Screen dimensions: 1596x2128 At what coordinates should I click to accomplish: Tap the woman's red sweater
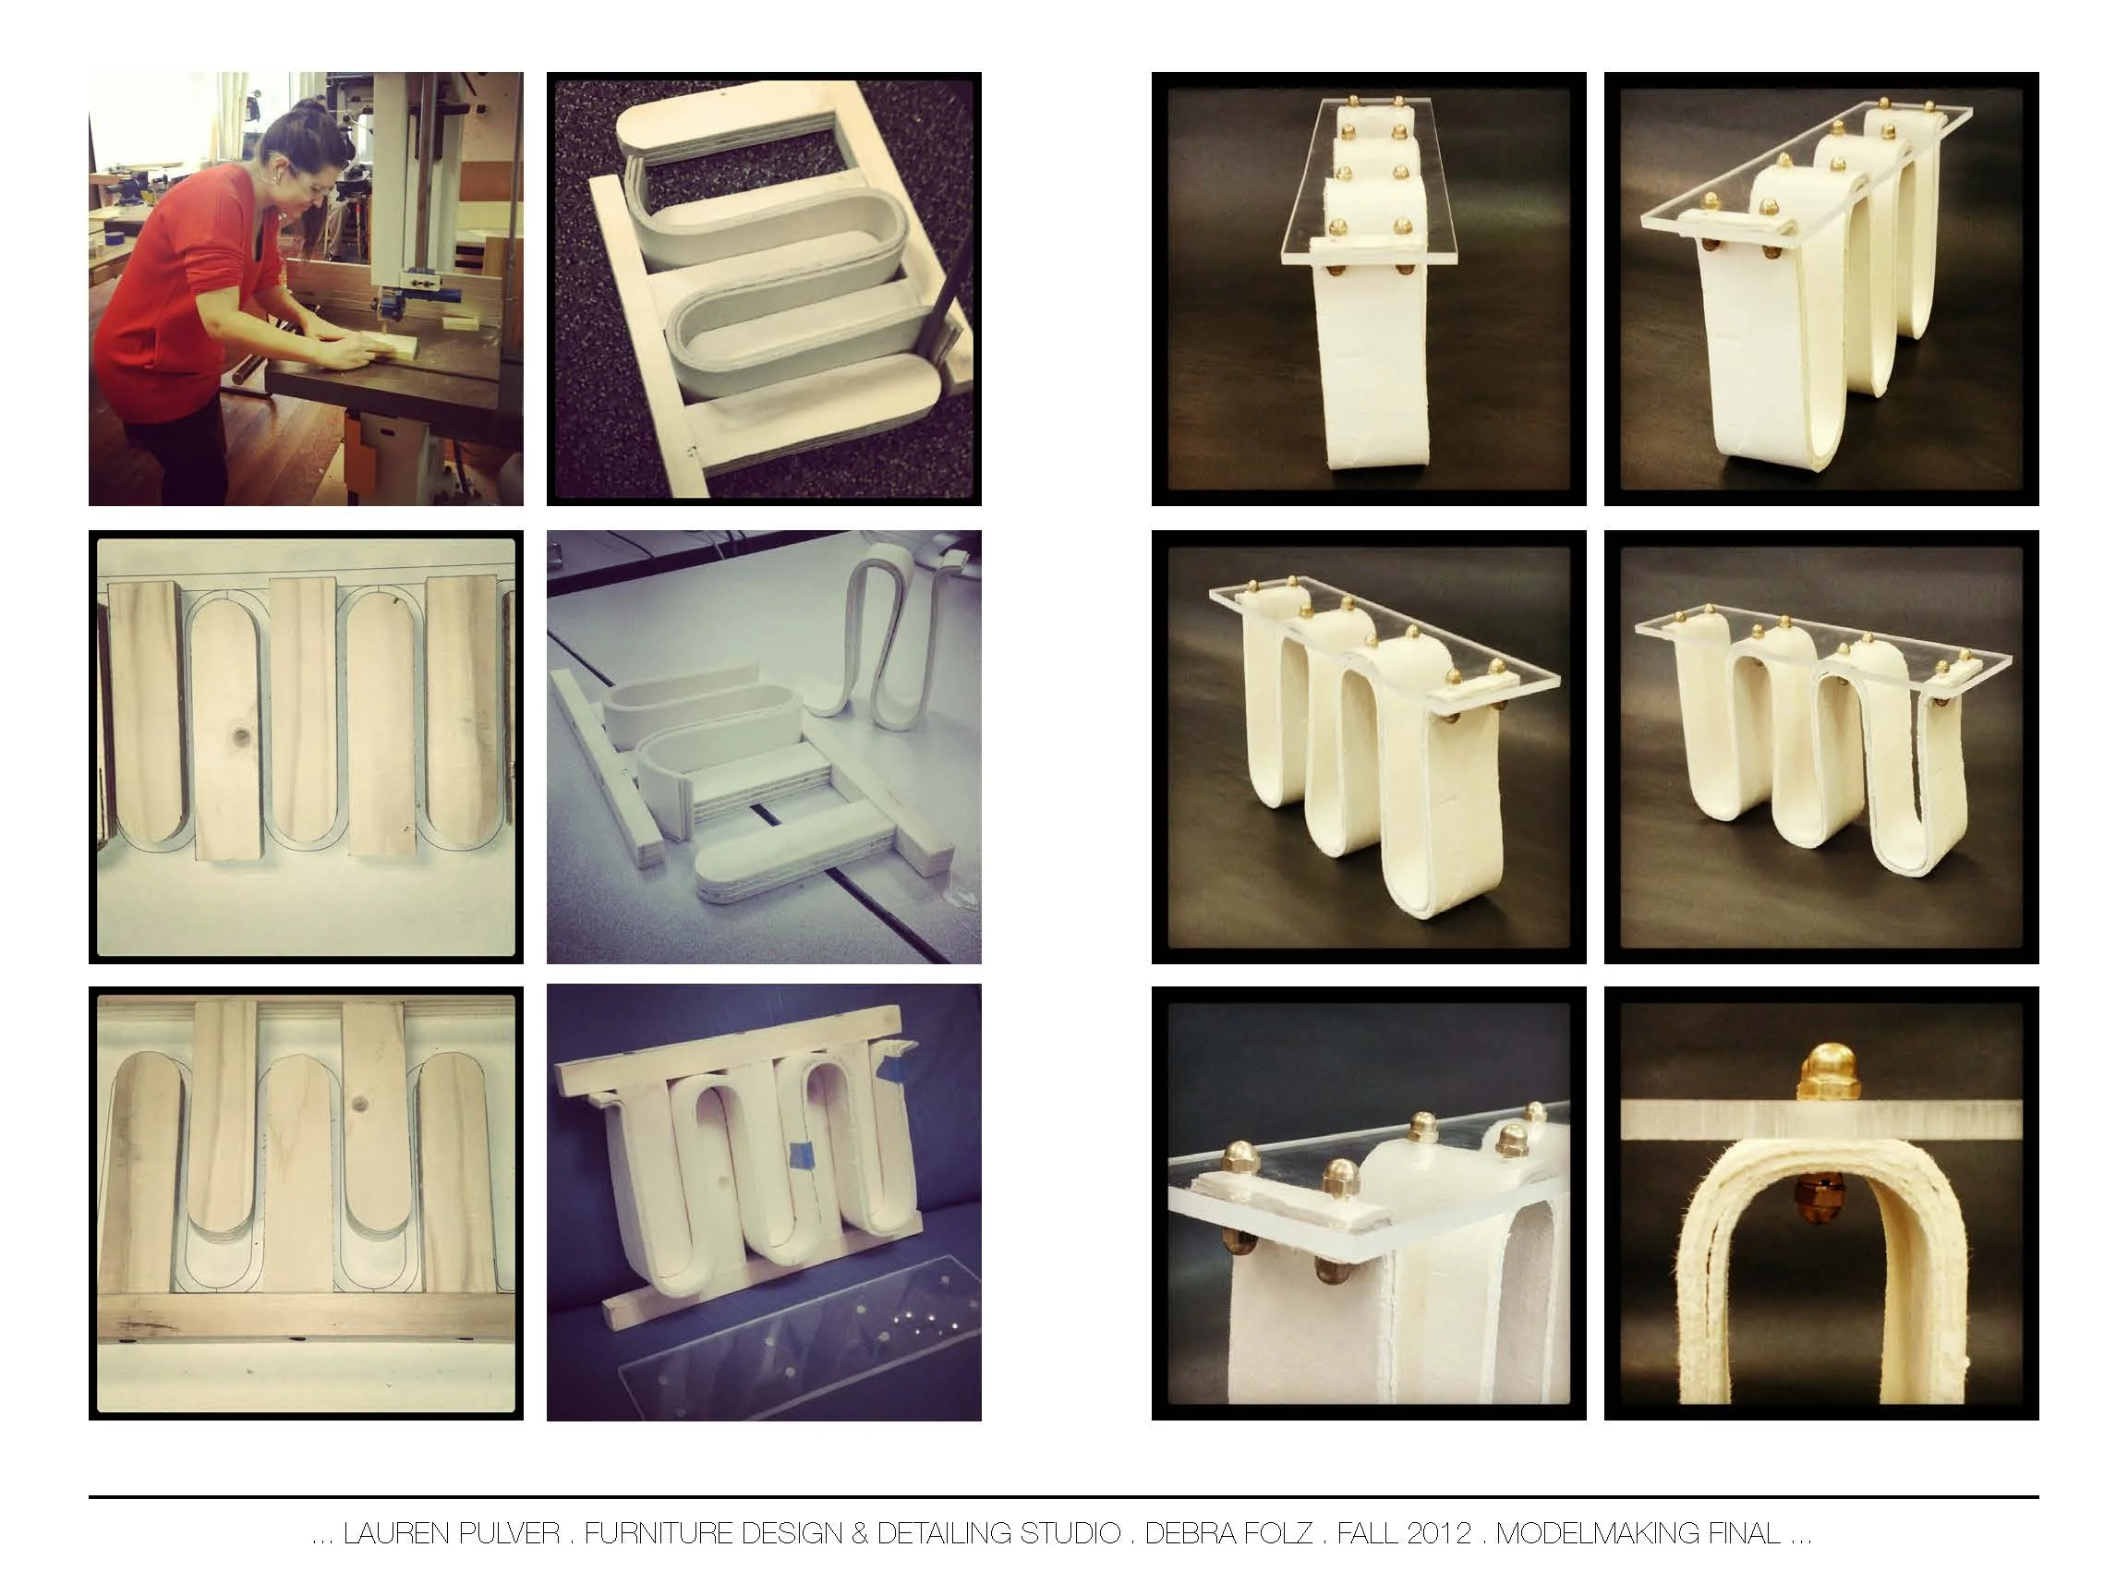tap(163, 288)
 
